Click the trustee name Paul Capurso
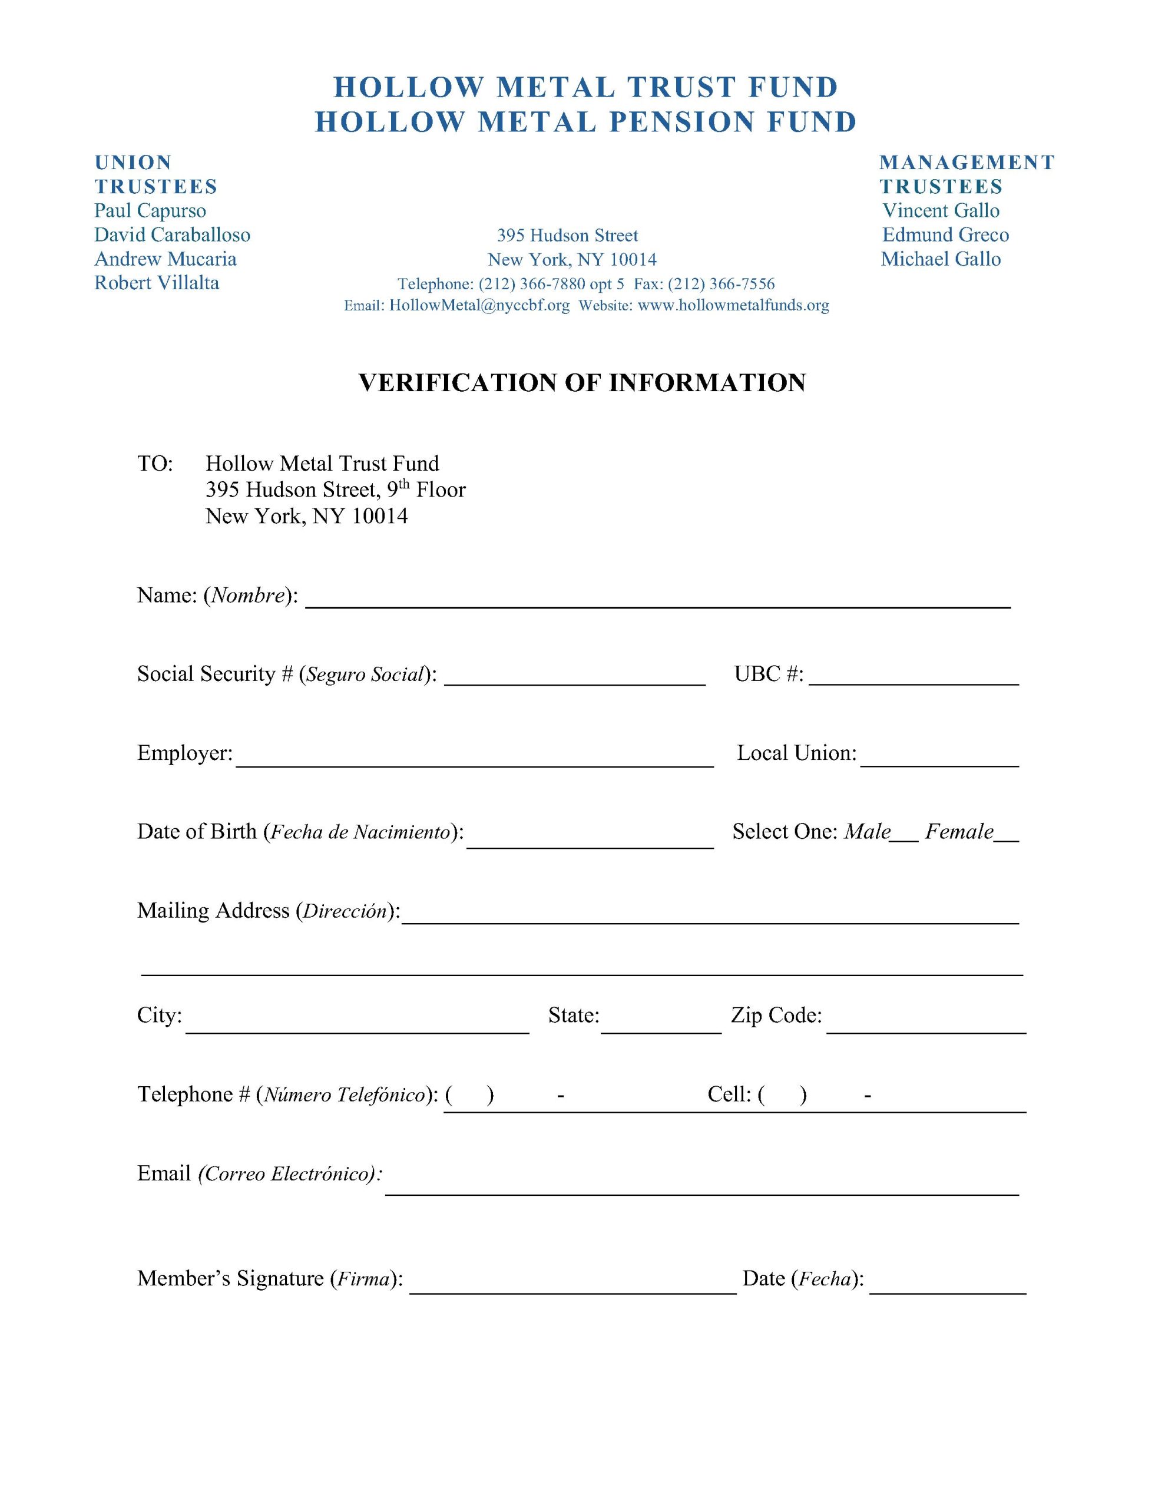click(x=150, y=211)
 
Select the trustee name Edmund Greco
click(x=945, y=235)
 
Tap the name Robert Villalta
click(x=157, y=283)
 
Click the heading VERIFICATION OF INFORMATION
click(x=582, y=382)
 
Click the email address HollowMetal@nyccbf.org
click(x=479, y=306)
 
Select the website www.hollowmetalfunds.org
click(x=733, y=306)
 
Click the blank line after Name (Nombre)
click(x=657, y=598)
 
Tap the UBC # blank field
click(x=913, y=675)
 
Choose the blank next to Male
click(x=904, y=833)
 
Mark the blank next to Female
click(x=1007, y=833)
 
